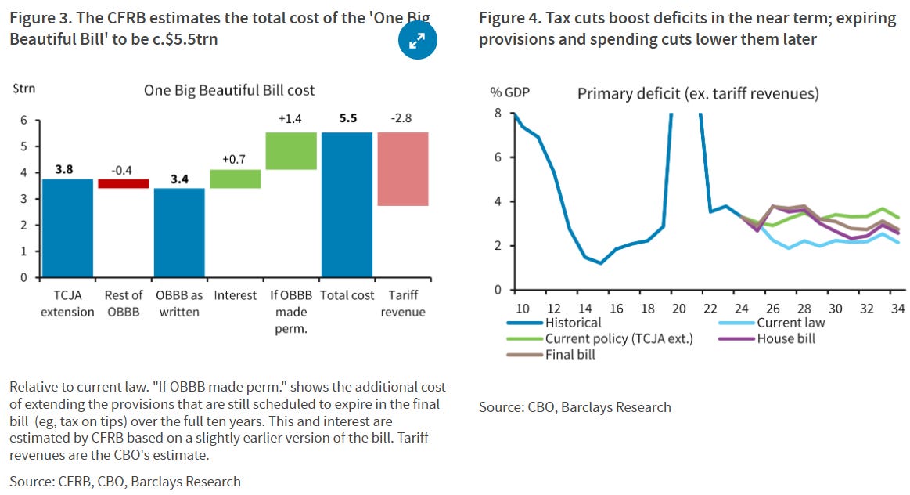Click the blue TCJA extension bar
click(67, 228)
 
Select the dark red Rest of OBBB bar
click(123, 183)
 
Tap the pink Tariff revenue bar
click(403, 169)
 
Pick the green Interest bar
click(236, 179)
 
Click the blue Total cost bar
click(347, 205)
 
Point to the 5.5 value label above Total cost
click(347, 118)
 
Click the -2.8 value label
click(401, 118)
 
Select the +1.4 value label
click(290, 118)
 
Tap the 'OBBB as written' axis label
click(179, 303)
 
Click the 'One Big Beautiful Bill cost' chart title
click(229, 90)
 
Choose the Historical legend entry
click(574, 323)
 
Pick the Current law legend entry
click(790, 323)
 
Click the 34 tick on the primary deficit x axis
click(898, 308)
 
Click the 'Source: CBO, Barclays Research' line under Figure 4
click(575, 406)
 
